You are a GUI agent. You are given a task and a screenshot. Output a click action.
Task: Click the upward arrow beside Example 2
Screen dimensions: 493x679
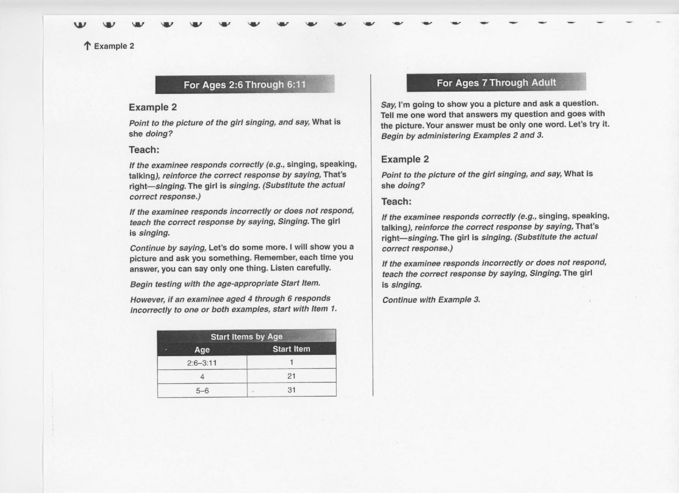[x=87, y=46]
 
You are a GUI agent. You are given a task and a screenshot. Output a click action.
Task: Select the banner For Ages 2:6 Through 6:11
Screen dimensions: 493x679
[x=245, y=84]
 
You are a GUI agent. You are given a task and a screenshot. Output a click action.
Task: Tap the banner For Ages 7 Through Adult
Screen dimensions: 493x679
[x=496, y=82]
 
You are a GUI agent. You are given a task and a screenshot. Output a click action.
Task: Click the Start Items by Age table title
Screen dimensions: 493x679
[x=246, y=336]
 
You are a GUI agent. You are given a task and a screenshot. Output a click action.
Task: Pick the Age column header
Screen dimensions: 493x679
[x=202, y=350]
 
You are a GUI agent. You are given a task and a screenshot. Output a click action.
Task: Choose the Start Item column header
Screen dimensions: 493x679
[x=291, y=349]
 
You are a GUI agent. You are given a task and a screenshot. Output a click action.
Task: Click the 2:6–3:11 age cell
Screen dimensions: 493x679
[x=202, y=363]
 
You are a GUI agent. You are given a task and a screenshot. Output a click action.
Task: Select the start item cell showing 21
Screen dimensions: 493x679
[x=291, y=376]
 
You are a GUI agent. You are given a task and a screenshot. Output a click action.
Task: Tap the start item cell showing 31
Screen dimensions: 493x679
[x=291, y=390]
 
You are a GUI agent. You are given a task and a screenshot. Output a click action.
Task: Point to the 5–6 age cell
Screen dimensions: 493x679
[x=202, y=391]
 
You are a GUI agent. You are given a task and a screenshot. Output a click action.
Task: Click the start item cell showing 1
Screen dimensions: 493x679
[x=291, y=362]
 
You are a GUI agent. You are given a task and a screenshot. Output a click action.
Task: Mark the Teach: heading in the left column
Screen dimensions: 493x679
[x=144, y=150]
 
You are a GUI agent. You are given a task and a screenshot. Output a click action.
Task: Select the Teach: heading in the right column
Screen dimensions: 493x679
[x=396, y=201]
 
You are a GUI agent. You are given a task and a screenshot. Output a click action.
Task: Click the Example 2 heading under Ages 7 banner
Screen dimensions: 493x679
[x=405, y=159]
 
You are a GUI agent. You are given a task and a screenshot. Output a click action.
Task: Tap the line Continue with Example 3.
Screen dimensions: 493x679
[x=431, y=300]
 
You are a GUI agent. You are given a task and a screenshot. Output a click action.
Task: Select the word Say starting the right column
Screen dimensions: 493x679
[x=388, y=104]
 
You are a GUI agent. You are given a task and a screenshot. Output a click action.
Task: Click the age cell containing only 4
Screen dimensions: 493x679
[x=202, y=377]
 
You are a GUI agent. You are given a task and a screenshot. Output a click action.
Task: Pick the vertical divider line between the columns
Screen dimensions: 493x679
[x=372, y=232]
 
